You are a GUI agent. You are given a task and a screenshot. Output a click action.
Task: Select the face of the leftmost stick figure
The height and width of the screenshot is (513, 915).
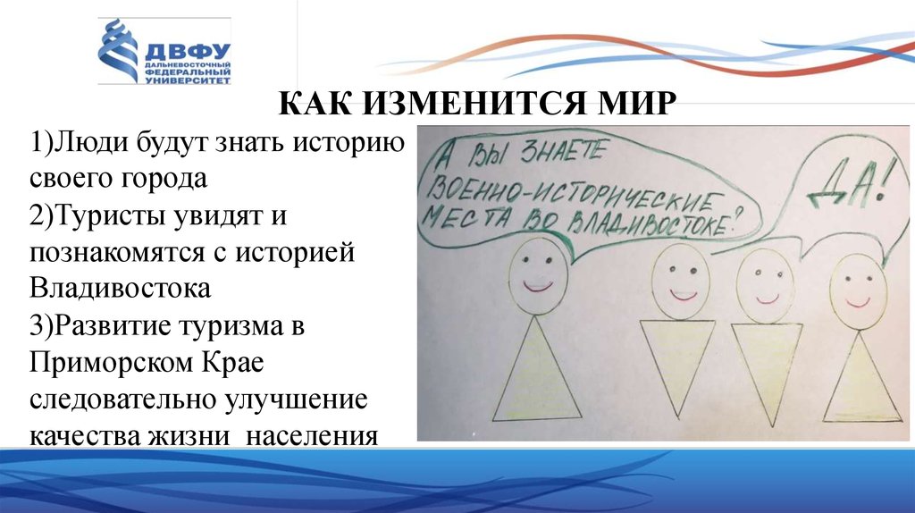(x=538, y=273)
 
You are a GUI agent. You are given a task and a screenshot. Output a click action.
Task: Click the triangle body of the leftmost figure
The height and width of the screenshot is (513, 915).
(x=536, y=371)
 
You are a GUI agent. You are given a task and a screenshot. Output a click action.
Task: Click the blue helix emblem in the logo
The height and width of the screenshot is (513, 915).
(x=118, y=52)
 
